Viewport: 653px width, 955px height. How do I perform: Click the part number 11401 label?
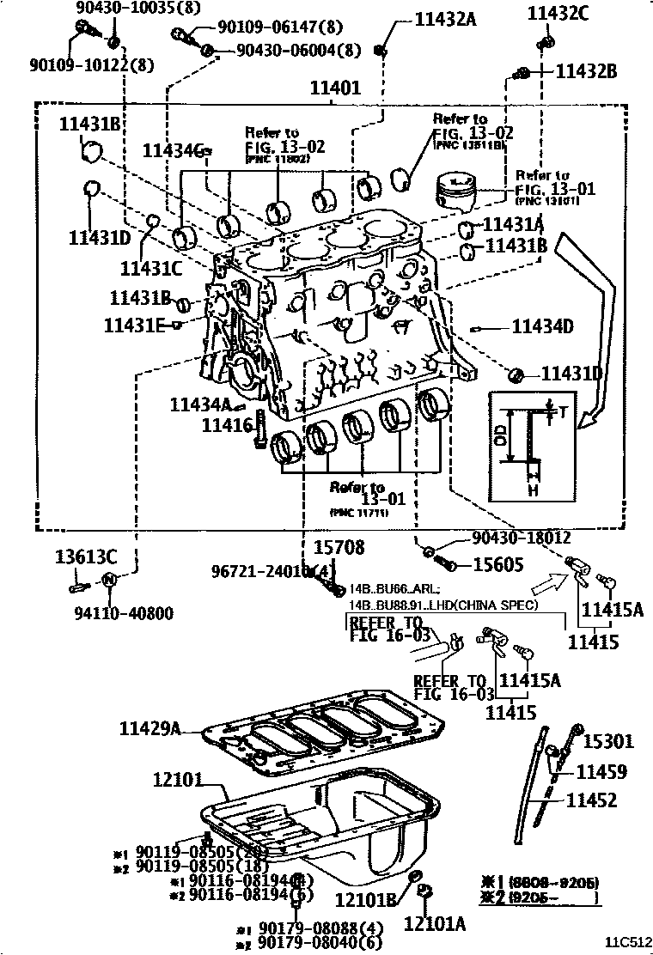point(336,88)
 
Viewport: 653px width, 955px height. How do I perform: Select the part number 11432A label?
point(445,18)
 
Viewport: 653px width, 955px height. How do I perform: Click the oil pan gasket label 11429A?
point(150,729)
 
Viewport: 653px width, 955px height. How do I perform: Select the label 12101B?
point(365,901)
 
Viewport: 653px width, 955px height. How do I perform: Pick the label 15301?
point(608,741)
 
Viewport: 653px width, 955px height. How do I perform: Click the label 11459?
point(601,772)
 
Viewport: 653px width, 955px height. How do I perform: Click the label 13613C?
point(86,555)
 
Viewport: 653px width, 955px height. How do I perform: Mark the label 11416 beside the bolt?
point(227,423)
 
